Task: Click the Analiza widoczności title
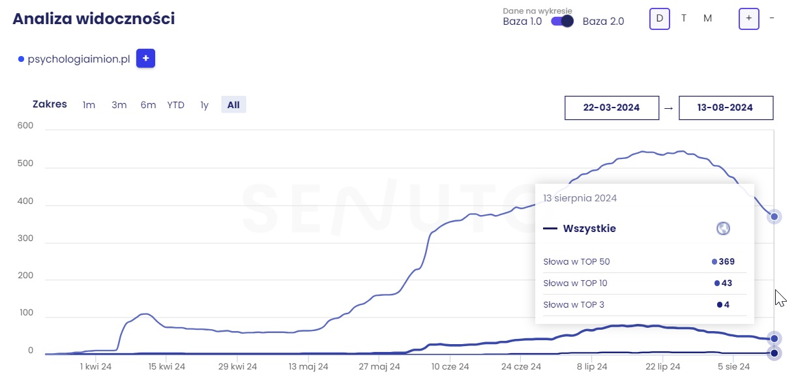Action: pyautogui.click(x=94, y=18)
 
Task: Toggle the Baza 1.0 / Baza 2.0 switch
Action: pyautogui.click(x=562, y=21)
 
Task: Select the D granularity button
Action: pyautogui.click(x=659, y=18)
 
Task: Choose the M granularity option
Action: pyautogui.click(x=707, y=18)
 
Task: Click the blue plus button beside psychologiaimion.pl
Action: pyautogui.click(x=145, y=59)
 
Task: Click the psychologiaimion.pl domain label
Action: pyautogui.click(x=79, y=59)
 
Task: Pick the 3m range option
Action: pyautogui.click(x=119, y=105)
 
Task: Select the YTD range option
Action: pyautogui.click(x=175, y=105)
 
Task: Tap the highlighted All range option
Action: pyautogui.click(x=233, y=105)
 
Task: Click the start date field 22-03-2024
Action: pyautogui.click(x=612, y=108)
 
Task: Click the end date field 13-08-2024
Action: pyautogui.click(x=726, y=108)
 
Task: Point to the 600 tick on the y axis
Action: pyautogui.click(x=25, y=126)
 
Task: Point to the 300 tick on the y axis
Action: pyautogui.click(x=25, y=239)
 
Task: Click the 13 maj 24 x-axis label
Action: pyautogui.click(x=308, y=367)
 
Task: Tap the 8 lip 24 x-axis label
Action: pyautogui.click(x=592, y=367)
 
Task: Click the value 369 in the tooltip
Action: pyautogui.click(x=726, y=262)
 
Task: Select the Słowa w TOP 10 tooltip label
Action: pyautogui.click(x=575, y=283)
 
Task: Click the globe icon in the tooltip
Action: pyautogui.click(x=722, y=229)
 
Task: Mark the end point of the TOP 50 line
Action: pyautogui.click(x=774, y=216)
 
